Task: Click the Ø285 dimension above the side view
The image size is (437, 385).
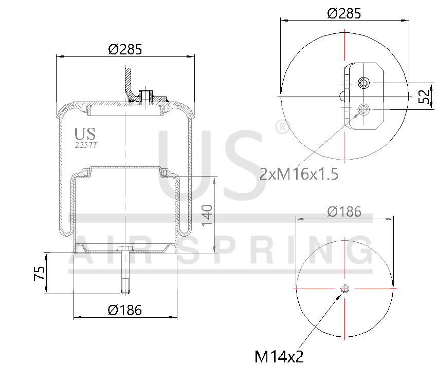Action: [x=125, y=49]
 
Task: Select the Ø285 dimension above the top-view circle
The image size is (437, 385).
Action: [x=344, y=14]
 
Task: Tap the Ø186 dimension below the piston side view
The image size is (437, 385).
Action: [x=125, y=310]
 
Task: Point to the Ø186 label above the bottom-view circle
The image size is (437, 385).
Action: [x=344, y=211]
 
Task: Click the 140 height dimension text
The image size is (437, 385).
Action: [x=207, y=215]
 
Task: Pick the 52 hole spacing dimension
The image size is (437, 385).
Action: [x=424, y=97]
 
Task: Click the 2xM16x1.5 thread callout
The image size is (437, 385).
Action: [x=299, y=175]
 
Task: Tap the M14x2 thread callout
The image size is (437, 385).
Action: [x=279, y=356]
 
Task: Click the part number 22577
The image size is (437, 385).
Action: [x=86, y=145]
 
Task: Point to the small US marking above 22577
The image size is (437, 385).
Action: [x=85, y=134]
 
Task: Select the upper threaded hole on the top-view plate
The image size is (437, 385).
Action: [x=365, y=83]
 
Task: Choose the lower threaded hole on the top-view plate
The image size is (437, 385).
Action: [x=365, y=109]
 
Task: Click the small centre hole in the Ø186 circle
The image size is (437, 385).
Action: [x=344, y=289]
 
